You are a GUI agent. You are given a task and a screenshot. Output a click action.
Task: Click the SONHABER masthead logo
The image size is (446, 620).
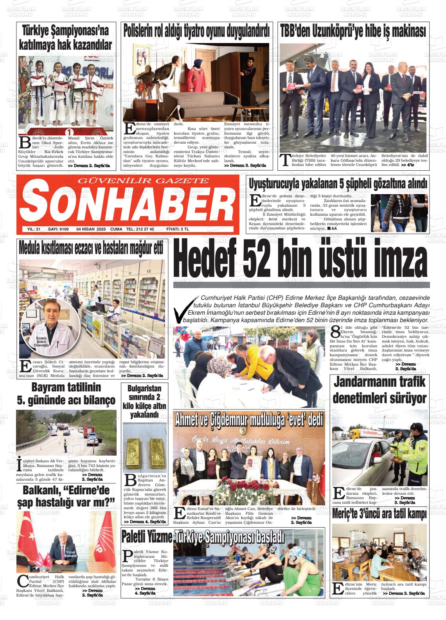click(x=128, y=202)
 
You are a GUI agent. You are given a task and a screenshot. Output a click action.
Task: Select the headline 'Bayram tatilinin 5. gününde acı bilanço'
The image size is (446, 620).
click(x=66, y=394)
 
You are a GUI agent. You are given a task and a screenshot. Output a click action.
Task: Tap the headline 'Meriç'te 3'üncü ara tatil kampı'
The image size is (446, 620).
click(x=379, y=514)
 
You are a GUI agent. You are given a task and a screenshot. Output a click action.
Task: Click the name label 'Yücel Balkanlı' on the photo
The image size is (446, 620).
click(x=71, y=553)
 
